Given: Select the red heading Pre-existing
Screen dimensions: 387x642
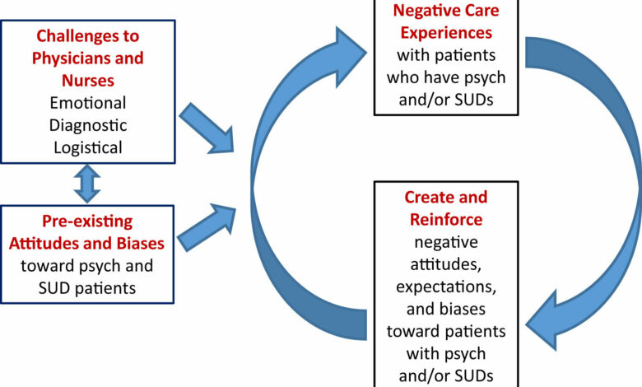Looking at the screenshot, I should coord(86,222).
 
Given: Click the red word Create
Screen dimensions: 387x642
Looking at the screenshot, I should coord(434,198).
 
